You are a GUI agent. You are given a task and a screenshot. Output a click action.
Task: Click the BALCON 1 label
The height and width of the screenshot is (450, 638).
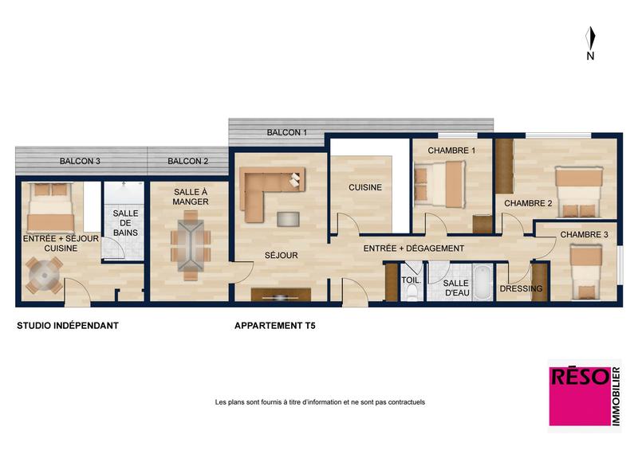pyautogui.click(x=286, y=132)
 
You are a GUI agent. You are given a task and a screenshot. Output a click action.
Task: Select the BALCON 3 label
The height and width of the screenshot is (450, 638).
pyautogui.click(x=80, y=162)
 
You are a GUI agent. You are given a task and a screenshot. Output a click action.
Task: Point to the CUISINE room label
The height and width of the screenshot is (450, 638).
pyautogui.click(x=364, y=188)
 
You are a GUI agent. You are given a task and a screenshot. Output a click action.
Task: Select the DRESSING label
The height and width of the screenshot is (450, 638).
pyautogui.click(x=522, y=288)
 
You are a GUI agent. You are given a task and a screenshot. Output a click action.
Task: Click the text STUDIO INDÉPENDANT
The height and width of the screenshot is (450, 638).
pyautogui.click(x=68, y=326)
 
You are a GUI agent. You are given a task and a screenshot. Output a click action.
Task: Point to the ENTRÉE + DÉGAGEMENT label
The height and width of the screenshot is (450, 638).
pyautogui.click(x=413, y=248)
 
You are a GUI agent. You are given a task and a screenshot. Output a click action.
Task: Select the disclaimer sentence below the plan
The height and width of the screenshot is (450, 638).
pyautogui.click(x=320, y=402)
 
